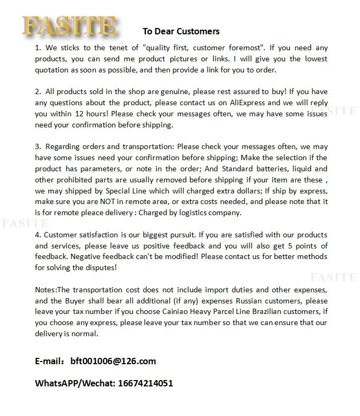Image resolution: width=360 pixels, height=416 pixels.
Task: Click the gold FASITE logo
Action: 69,25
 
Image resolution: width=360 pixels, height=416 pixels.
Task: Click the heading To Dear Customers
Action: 181,31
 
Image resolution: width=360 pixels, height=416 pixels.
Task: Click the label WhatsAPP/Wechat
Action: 74,383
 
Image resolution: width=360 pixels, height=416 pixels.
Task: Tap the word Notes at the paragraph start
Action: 45,290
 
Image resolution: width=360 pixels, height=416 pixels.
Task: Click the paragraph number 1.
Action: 37,47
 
